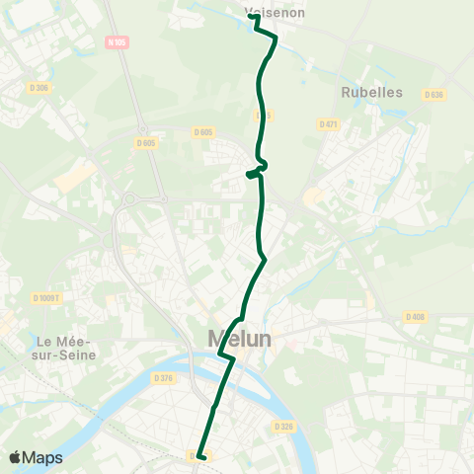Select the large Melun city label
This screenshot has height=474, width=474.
tap(241, 339)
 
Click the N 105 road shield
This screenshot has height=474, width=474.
tap(116, 41)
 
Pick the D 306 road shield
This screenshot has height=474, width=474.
tap(39, 88)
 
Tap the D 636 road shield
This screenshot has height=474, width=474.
tap(433, 95)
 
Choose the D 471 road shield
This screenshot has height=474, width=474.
tap(329, 123)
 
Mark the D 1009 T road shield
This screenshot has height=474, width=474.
tap(45, 297)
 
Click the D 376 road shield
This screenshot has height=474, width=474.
tap(163, 377)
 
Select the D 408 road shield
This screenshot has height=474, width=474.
tap(414, 316)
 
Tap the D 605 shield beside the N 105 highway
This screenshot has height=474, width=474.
tap(145, 142)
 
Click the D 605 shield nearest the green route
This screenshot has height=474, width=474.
tap(203, 132)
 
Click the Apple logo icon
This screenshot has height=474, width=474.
tap(16, 458)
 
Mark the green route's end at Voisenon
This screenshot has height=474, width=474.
tap(252, 17)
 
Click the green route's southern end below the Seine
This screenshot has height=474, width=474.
tap(199, 456)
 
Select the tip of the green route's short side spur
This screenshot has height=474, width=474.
tap(248, 176)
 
